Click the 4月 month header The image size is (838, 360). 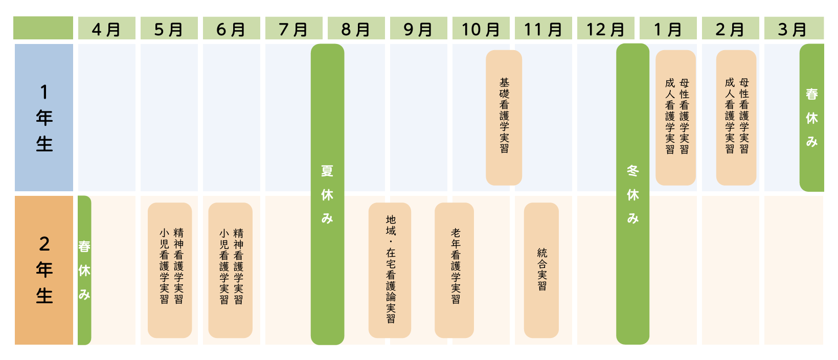(x=107, y=28)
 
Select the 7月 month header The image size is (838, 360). (x=293, y=28)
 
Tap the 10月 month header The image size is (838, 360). (x=481, y=28)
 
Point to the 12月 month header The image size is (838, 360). (x=606, y=28)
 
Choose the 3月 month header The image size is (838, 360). (x=794, y=28)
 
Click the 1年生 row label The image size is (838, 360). (x=44, y=118)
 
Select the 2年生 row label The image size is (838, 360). (x=44, y=270)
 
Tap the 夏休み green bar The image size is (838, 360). (x=327, y=194)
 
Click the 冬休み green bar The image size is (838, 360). (x=632, y=194)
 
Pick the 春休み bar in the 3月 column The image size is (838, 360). (x=812, y=118)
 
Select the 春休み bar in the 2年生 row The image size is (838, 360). (x=84, y=270)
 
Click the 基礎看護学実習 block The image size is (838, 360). (x=504, y=118)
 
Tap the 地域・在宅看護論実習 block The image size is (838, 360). (x=390, y=270)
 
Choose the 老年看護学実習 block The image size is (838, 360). (x=454, y=270)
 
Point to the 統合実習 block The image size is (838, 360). (x=541, y=270)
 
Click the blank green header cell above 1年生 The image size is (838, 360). (x=43, y=28)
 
